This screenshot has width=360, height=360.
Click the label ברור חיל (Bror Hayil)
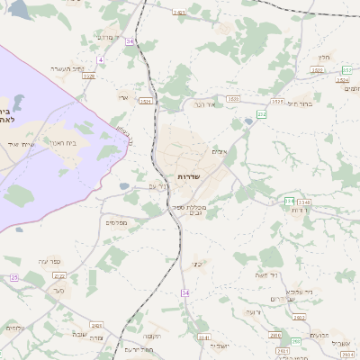click(300, 103)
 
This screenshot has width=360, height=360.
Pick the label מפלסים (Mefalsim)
click(116, 222)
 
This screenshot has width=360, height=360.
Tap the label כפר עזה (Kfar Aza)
click(48, 261)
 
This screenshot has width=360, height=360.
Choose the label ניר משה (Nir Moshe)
click(267, 275)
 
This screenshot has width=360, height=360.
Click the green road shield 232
click(262, 114)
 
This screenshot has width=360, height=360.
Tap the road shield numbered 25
click(13, 277)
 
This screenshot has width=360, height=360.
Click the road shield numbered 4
click(101, 59)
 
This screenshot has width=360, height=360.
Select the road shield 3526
click(89, 76)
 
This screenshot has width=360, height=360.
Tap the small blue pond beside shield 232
click(248, 121)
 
